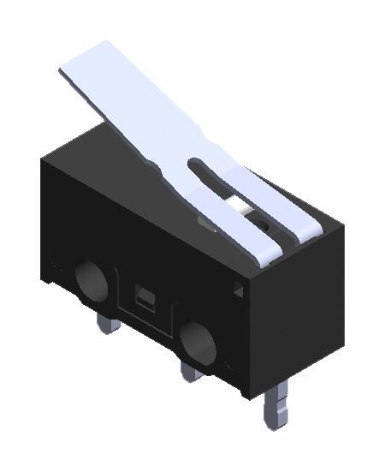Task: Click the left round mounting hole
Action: [x=89, y=279]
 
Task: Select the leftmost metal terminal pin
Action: [x=107, y=323]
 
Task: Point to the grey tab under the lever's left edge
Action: [x=204, y=225]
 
